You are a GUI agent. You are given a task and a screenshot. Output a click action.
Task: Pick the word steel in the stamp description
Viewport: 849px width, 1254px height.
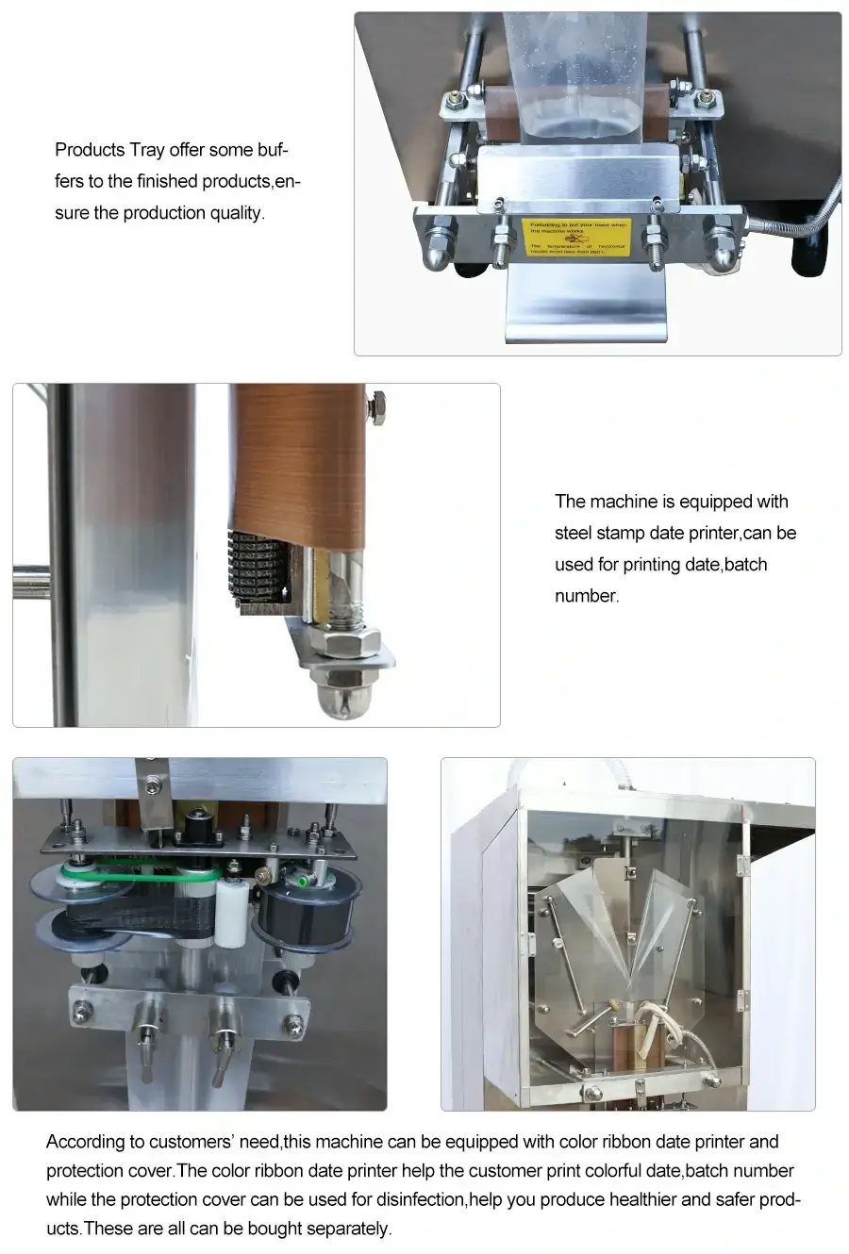tap(573, 534)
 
